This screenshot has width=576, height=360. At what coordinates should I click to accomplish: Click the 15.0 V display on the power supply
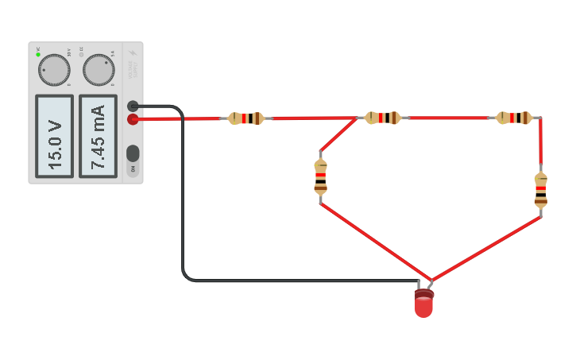coord(54,136)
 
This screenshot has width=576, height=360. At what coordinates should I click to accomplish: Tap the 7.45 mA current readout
coord(98,136)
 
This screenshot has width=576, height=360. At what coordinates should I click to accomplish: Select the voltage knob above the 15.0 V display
coord(54,70)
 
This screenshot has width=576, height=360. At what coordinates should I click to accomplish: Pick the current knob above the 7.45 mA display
coord(99,70)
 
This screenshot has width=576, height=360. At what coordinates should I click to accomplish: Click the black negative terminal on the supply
coord(133,106)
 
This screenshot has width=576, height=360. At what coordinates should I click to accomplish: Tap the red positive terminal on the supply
coord(133,119)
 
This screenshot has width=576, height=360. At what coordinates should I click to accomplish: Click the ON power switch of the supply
coord(133,153)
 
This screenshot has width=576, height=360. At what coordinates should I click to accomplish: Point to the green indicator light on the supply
coord(37,55)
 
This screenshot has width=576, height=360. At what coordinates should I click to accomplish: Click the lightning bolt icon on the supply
coord(133,54)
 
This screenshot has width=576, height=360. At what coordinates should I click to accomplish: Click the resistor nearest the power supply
coord(246,118)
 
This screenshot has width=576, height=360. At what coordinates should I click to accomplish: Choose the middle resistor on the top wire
coord(383,118)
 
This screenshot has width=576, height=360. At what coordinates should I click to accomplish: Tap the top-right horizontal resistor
coord(514,118)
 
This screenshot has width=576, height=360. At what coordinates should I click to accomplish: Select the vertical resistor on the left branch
coord(320,176)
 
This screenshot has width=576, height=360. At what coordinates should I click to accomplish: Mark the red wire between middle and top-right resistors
coord(449,118)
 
